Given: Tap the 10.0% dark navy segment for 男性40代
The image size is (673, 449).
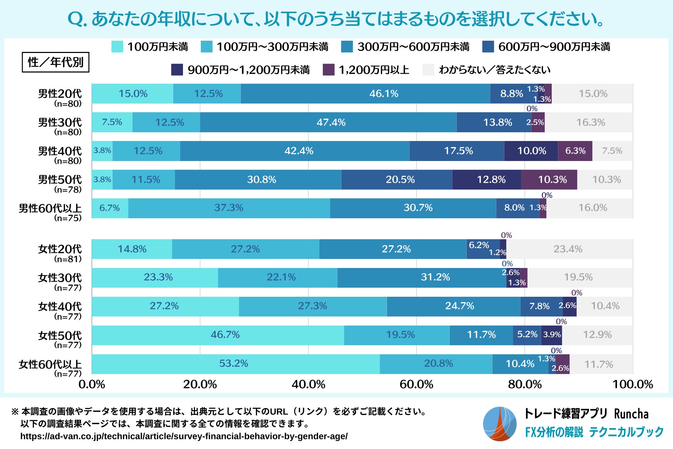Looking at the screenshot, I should (531, 151).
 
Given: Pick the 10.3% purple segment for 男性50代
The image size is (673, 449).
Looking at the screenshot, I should (549, 180).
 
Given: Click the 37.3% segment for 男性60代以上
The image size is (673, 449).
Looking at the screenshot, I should (229, 208).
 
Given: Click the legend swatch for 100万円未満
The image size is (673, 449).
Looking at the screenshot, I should (117, 47).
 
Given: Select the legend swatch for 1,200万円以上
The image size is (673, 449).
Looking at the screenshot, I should (328, 69).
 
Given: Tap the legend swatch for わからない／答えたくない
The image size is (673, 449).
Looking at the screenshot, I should (428, 69).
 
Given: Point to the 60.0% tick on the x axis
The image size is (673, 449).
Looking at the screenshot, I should (416, 384).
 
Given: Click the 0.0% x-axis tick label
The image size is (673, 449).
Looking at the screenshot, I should (92, 384).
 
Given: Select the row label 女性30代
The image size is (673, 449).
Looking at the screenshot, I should (60, 278).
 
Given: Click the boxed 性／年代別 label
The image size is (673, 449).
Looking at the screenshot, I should (55, 62).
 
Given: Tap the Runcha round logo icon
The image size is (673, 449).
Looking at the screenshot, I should (499, 424).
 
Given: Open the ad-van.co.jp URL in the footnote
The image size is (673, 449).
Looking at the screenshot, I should (184, 436).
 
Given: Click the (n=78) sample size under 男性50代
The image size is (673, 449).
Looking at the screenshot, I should (68, 189).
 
